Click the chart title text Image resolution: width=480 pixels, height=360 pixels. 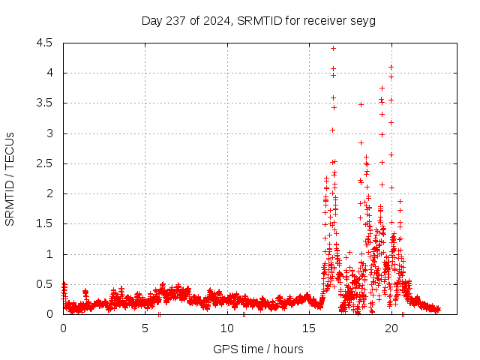click(258, 20)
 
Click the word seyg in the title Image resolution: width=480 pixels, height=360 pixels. click(363, 20)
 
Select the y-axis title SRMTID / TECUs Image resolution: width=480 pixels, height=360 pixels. click(10, 178)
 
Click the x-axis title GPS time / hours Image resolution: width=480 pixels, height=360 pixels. click(258, 349)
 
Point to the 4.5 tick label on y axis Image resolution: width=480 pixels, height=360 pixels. click(44, 43)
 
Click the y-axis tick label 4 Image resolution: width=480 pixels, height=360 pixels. click(49, 73)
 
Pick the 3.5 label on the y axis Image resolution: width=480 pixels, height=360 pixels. click(44, 103)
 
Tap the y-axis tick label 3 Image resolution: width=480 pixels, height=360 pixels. click(49, 133)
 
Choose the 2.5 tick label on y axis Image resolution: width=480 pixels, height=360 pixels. click(44, 163)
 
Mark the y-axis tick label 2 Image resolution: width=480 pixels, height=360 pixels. click(49, 193)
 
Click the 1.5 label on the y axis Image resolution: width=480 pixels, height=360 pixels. click(44, 223)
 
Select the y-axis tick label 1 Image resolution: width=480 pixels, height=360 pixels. click(49, 254)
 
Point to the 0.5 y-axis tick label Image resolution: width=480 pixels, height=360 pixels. click(44, 284)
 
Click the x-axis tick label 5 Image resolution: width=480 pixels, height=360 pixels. click(145, 328)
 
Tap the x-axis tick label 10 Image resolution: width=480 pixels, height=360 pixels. click(227, 328)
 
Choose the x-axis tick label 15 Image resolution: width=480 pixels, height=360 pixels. click(310, 328)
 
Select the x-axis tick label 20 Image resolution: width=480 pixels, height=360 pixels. click(391, 328)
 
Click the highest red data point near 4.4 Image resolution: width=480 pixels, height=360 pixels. click(333, 48)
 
